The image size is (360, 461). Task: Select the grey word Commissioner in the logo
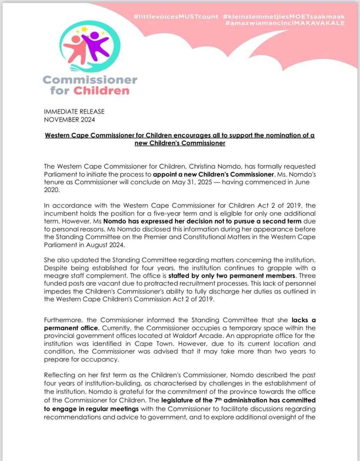tap(90, 80)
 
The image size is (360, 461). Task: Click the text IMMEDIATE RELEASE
tap(75, 111)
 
